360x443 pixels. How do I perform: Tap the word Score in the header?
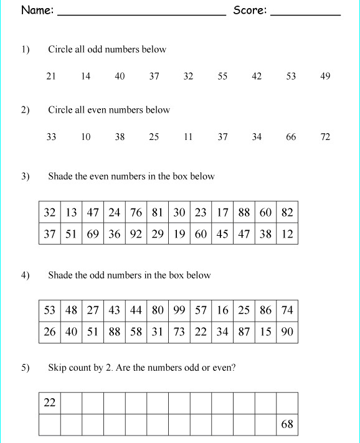[249, 10]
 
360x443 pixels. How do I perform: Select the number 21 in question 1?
[51, 77]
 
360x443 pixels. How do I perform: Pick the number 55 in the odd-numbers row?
[222, 77]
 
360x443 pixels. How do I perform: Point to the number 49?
[325, 77]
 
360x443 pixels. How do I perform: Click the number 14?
[85, 77]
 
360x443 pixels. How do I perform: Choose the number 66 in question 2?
[291, 137]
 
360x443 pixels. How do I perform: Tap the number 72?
[325, 137]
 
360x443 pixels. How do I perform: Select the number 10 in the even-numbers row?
[85, 137]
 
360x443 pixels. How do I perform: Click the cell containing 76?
[136, 212]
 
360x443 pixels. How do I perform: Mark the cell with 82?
[287, 212]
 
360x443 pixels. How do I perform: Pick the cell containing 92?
[136, 235]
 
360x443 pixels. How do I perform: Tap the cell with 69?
[93, 235]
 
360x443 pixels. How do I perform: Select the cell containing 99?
[179, 310]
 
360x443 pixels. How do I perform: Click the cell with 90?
[287, 332]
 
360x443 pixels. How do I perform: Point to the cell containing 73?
[179, 332]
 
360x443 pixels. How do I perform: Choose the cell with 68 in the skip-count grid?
[287, 425]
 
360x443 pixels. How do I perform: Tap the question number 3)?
[25, 176]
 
